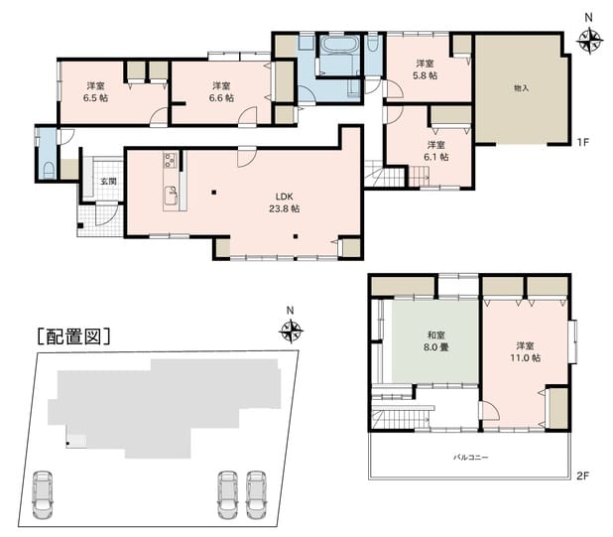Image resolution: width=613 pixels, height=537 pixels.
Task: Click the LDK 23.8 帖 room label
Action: pyautogui.click(x=285, y=202)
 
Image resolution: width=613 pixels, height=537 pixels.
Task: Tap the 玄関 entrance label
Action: pyautogui.click(x=108, y=182)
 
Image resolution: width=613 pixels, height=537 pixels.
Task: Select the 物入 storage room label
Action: pyautogui.click(x=521, y=88)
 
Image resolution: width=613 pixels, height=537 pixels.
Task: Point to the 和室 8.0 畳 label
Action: pyautogui.click(x=435, y=341)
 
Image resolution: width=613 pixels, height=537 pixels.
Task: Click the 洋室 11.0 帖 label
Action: pyautogui.click(x=525, y=351)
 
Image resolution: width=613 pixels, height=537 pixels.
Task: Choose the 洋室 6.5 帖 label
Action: pyautogui.click(x=95, y=91)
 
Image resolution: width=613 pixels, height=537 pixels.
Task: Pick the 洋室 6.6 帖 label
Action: pyautogui.click(x=221, y=91)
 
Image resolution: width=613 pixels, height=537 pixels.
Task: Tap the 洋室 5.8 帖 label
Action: pyautogui.click(x=425, y=69)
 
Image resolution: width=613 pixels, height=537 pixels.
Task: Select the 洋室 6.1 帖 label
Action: pyautogui.click(x=435, y=151)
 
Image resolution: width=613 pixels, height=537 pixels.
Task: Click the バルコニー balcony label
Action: pyautogui.click(x=471, y=457)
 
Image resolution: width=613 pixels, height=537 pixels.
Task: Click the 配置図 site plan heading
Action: pyautogui.click(x=73, y=336)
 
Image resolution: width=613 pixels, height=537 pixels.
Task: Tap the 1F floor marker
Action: pyautogui.click(x=582, y=142)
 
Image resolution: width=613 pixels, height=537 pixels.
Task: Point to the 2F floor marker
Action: pyautogui.click(x=582, y=475)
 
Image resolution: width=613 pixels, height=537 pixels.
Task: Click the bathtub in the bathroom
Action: pyautogui.click(x=339, y=45)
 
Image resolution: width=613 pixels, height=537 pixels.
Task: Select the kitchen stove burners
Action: pyautogui.click(x=171, y=160)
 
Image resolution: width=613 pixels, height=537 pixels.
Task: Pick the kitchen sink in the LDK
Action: pyautogui.click(x=171, y=196)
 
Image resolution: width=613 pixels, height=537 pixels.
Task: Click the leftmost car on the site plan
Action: pyautogui.click(x=43, y=494)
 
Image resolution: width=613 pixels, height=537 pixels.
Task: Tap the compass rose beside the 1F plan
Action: pyautogui.click(x=589, y=41)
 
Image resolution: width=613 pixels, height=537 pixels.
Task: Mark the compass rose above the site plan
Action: pyautogui.click(x=291, y=332)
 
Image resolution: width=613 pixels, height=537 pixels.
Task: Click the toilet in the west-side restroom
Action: pyautogui.click(x=49, y=170)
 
